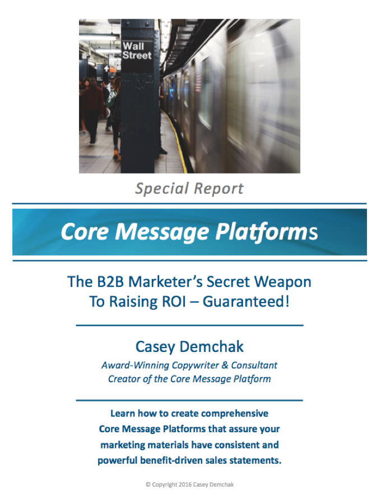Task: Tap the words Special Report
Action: pos(189,189)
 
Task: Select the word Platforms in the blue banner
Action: pos(266,232)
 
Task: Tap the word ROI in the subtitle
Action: pos(174,301)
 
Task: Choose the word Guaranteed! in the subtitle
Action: pos(246,301)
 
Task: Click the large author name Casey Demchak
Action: pos(189,347)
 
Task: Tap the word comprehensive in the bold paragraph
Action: pos(235,414)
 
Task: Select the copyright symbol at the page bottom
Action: pos(148,484)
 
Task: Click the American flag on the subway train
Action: pos(198,82)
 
